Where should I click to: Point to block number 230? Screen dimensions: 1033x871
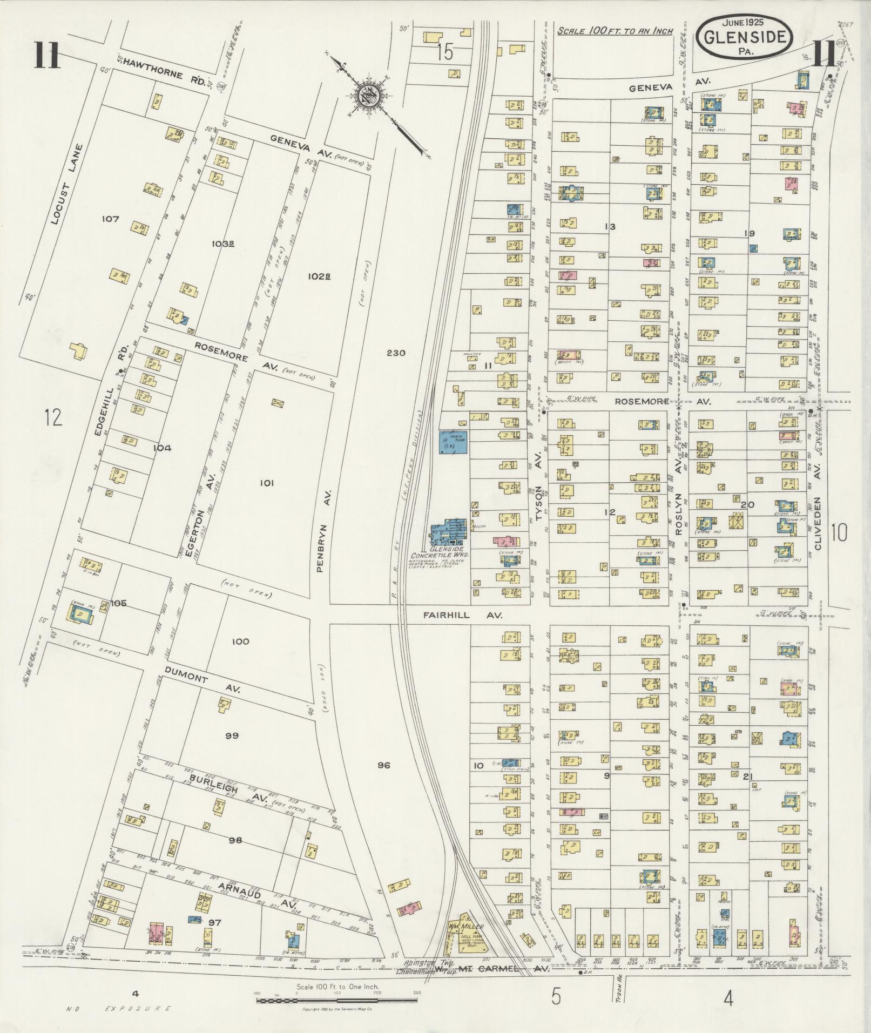pos(396,353)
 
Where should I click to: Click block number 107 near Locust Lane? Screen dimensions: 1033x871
pos(109,219)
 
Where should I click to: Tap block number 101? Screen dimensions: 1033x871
pos(267,483)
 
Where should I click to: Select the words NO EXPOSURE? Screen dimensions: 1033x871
pos(119,1008)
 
